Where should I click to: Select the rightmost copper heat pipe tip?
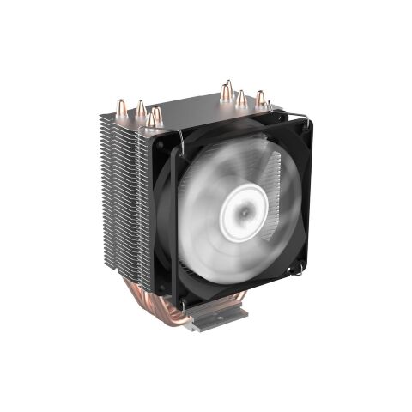click(259, 97)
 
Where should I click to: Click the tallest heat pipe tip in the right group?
click(226, 88)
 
